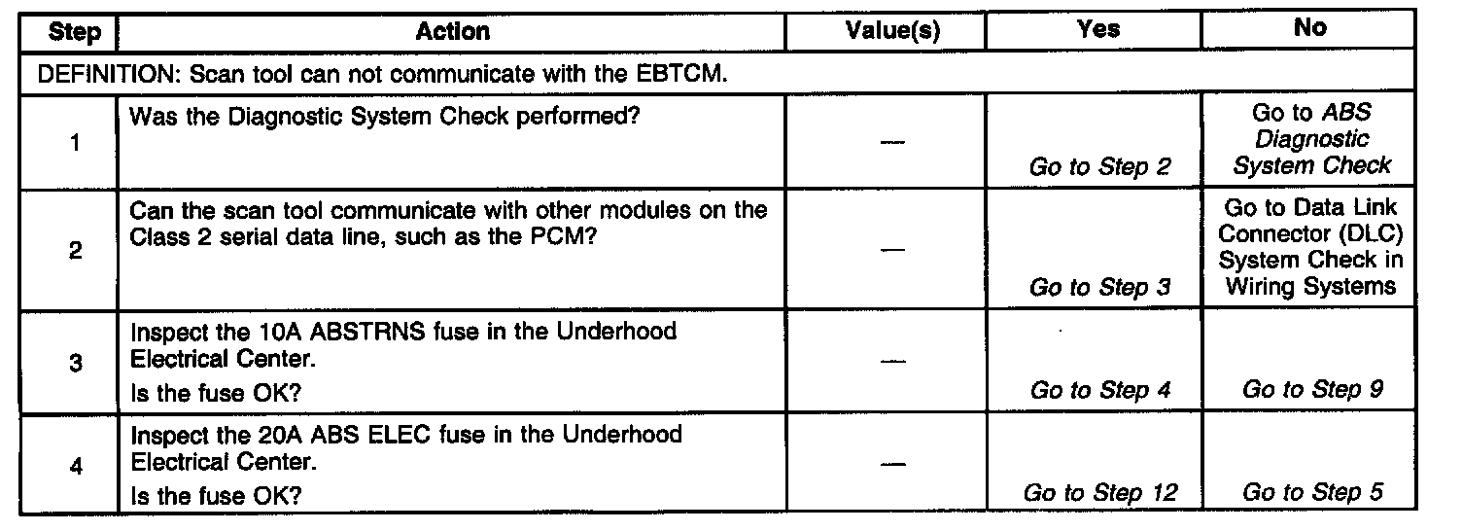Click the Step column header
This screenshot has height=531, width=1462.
point(75,32)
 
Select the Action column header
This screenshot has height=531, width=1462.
point(452,31)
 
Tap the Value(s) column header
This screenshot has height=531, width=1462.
point(891,31)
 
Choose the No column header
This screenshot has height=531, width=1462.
point(1309,28)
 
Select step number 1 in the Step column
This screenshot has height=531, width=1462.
point(75,142)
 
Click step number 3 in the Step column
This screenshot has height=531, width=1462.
point(75,364)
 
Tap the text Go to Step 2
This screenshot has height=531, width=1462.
point(1099,167)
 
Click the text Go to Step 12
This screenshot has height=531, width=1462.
point(1099,493)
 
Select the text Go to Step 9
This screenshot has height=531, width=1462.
point(1312,390)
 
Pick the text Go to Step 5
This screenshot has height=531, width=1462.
point(1312,493)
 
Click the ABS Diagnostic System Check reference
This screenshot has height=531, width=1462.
point(1312,140)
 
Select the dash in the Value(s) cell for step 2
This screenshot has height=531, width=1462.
point(891,251)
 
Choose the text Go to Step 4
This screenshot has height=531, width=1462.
point(1099,390)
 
